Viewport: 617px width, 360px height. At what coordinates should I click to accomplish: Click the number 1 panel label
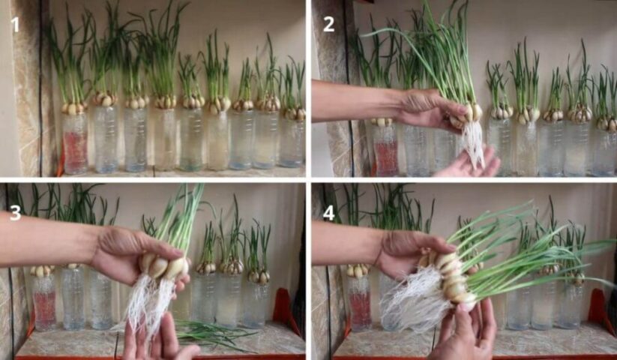coord(15,25)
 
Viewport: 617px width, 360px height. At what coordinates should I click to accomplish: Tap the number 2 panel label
coord(328,25)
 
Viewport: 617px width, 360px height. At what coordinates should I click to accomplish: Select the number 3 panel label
coord(15,212)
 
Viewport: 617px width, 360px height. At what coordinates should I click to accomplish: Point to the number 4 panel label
coord(328,213)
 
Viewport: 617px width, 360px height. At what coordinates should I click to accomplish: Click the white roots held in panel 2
coord(474,143)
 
